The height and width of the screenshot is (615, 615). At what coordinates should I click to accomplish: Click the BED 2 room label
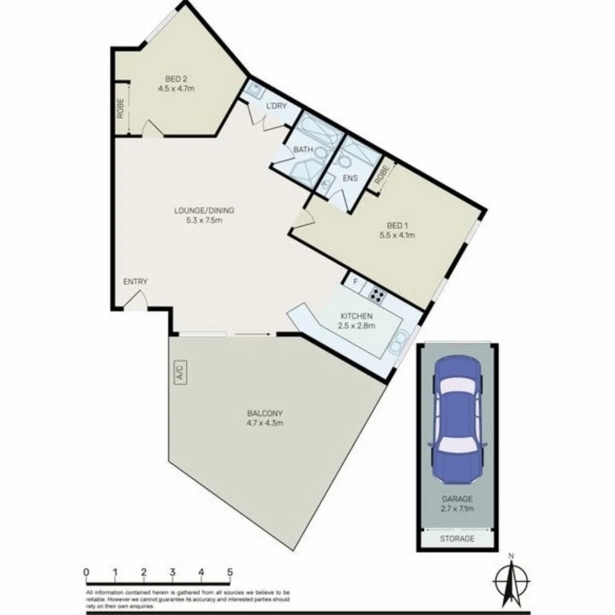177,79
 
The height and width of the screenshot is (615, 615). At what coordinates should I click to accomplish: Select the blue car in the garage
457,419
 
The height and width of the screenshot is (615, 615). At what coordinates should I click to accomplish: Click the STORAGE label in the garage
457,538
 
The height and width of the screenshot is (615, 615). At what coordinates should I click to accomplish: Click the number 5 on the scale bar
230,572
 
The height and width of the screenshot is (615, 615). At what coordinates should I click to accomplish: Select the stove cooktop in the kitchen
377,294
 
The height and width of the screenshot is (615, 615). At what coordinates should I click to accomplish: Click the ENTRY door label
136,281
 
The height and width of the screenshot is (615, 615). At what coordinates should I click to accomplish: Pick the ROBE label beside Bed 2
121,108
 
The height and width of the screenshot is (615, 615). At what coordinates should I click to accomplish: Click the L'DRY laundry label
276,106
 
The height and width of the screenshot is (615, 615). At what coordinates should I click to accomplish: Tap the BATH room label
304,150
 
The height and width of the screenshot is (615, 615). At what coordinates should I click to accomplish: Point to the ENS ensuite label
350,178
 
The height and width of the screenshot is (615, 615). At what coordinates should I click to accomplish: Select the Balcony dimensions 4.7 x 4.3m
265,423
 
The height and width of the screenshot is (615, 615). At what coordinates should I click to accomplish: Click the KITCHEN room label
356,316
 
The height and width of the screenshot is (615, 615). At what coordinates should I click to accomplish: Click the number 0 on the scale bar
86,572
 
